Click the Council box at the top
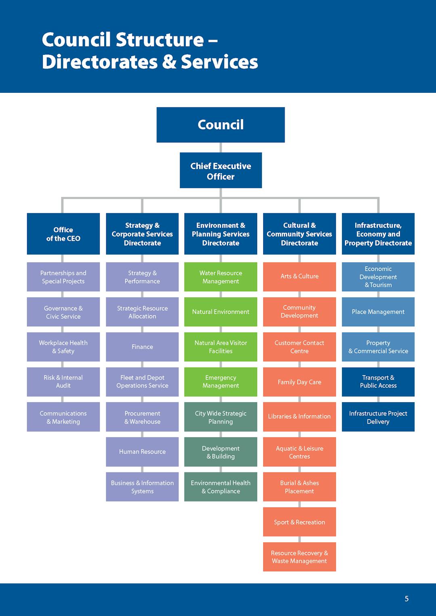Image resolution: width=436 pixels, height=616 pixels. [x=220, y=125]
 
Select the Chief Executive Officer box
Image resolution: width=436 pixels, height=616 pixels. [x=221, y=170]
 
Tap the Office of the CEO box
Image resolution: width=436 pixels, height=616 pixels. [x=63, y=234]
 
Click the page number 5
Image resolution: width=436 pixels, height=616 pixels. [x=407, y=599]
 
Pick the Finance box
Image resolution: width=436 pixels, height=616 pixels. [x=142, y=347]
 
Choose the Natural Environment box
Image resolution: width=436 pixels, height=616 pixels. [x=220, y=312]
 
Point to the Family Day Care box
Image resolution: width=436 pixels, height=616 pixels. [x=300, y=382]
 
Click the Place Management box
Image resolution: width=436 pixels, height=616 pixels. [x=378, y=312]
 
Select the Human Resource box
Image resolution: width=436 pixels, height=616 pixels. [x=142, y=452]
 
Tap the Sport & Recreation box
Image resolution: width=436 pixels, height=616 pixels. [x=300, y=522]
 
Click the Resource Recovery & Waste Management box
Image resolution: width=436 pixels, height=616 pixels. [x=300, y=557]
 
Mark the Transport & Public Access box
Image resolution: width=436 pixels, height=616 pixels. [x=378, y=382]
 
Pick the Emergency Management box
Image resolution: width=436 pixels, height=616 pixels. [x=220, y=382]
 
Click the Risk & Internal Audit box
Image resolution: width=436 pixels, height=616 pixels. [x=63, y=382]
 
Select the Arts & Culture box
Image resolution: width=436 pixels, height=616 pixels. [x=300, y=277]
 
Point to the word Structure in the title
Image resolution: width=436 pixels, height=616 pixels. [x=159, y=40]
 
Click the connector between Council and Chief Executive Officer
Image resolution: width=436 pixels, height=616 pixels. [x=221, y=147]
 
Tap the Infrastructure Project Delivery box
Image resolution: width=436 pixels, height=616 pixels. [x=378, y=417]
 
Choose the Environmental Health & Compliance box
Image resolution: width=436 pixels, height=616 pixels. [x=220, y=487]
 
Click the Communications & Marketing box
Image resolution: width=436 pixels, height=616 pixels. [x=63, y=417]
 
